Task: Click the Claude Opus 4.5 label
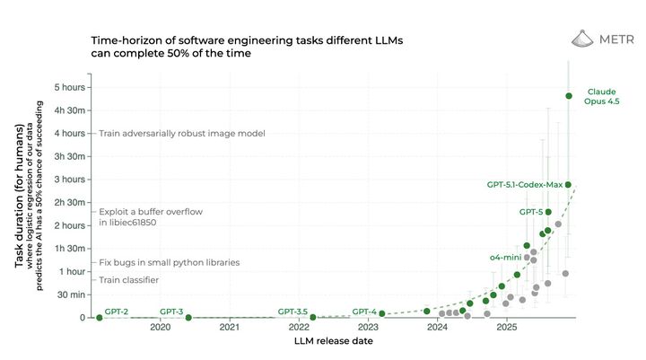point(602,97)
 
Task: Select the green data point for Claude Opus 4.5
point(569,96)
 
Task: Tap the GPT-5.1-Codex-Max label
point(525,184)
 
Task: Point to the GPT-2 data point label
point(117,311)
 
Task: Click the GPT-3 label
point(171,311)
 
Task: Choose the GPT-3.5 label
point(292,311)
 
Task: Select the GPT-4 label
point(364,311)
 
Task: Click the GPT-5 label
point(531,212)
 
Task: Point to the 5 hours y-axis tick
point(69,87)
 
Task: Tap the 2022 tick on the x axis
point(299,329)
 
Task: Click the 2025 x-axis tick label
point(506,329)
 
